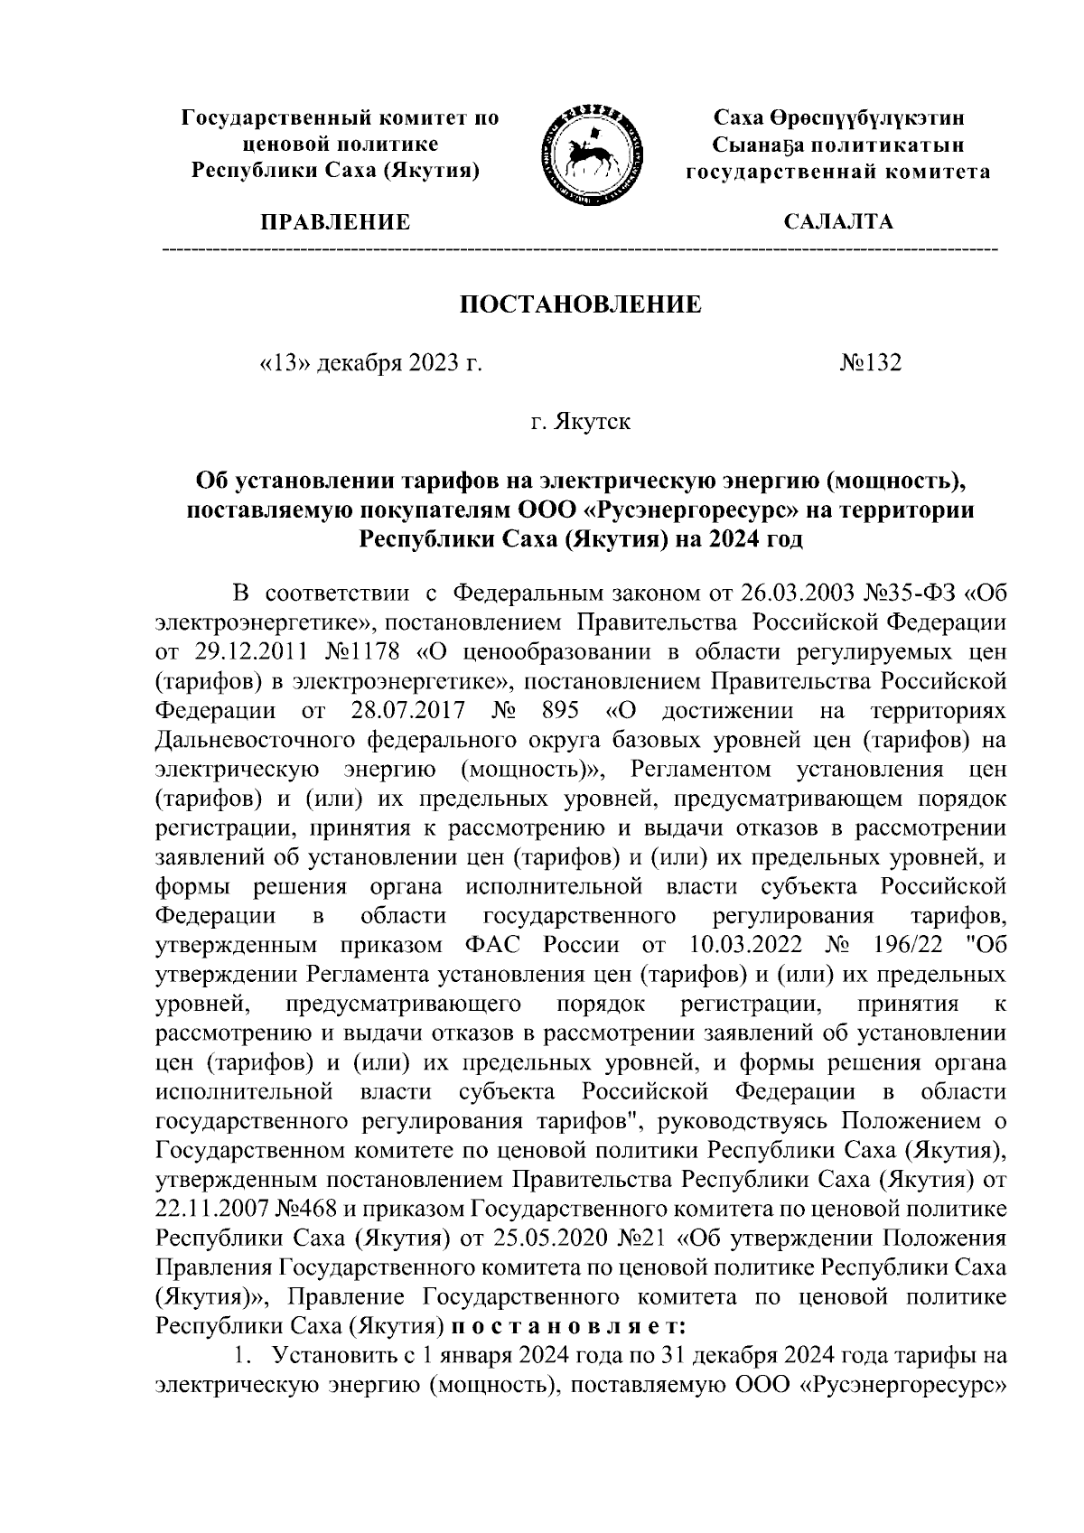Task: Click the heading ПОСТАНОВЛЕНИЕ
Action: click(581, 304)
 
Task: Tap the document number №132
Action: click(871, 363)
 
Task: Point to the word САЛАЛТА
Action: click(838, 222)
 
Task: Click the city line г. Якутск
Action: click(581, 422)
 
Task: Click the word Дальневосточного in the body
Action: click(257, 740)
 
